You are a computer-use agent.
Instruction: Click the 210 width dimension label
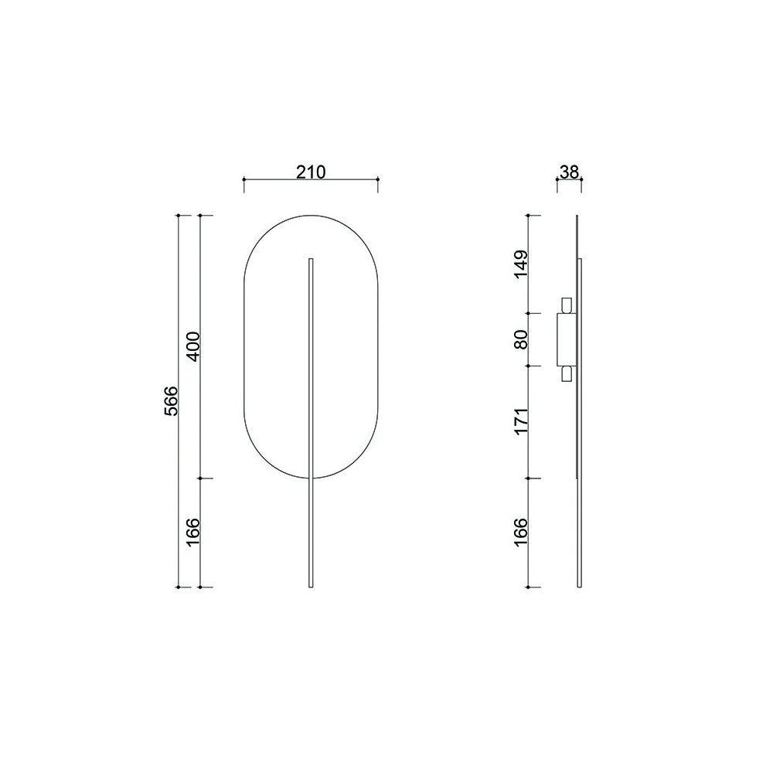tap(311, 172)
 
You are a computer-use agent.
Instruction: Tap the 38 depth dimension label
tap(569, 172)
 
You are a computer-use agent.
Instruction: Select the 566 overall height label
tap(171, 400)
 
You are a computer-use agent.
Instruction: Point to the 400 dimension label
tap(192, 346)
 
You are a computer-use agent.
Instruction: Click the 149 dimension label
tap(521, 264)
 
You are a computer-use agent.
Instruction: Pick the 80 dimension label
tap(521, 339)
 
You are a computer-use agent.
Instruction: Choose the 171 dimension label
tap(521, 421)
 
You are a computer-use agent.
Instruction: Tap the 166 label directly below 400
tap(192, 532)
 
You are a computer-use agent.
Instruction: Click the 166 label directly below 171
tap(521, 532)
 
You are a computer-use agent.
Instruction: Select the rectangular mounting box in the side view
tap(566, 339)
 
